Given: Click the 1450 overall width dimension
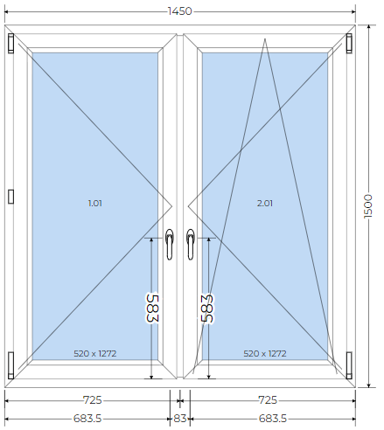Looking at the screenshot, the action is (180, 11).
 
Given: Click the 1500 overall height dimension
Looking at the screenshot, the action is (368, 206).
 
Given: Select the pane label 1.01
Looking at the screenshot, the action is (95, 203).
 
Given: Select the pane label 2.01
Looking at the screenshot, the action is (265, 203).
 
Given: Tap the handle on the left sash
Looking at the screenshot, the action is (170, 244).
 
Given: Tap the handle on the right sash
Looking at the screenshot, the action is (191, 244).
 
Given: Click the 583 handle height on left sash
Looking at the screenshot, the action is (152, 309).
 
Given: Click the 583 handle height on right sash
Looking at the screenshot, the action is (208, 309).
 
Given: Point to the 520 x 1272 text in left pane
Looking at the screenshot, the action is (95, 354).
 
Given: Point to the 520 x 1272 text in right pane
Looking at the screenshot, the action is (265, 354).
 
